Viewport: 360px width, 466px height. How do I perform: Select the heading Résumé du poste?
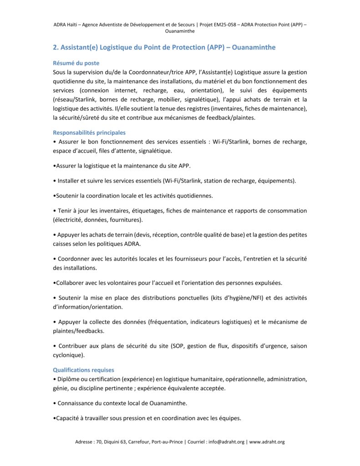tap(76, 63)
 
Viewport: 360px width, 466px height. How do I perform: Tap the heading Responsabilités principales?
tap(89, 133)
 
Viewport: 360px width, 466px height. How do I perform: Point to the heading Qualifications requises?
tap(83, 370)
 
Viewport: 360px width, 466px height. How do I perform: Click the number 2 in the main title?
tap(56, 47)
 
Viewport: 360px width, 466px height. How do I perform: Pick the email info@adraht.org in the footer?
tap(227, 442)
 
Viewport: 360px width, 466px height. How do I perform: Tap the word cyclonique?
tap(68, 355)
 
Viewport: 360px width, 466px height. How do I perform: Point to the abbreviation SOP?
tap(178, 346)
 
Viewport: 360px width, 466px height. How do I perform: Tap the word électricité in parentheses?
tap(68, 220)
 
